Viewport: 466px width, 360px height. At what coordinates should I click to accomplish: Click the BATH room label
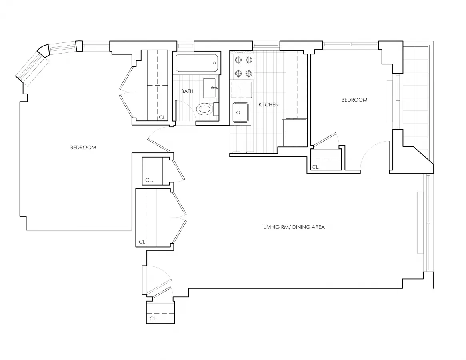tap(187, 91)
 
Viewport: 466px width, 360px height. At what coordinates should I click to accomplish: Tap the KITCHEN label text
tap(268, 104)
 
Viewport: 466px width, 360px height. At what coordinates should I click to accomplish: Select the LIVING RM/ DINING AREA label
tap(294, 227)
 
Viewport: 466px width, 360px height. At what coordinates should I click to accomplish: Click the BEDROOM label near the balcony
tap(354, 100)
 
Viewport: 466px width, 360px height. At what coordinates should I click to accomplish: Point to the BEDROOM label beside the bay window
tap(83, 147)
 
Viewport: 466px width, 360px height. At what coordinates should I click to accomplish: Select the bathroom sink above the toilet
tap(211, 87)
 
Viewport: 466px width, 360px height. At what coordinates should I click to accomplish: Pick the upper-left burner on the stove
tap(238, 60)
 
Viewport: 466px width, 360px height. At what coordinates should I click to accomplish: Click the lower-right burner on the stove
tap(249, 73)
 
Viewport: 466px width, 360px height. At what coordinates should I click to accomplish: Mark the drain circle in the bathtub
tap(215, 63)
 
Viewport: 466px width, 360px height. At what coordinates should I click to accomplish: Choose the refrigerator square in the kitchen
tap(294, 132)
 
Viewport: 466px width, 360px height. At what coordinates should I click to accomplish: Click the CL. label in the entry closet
tap(153, 318)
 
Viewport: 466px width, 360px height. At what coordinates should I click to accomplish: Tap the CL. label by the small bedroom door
tap(315, 167)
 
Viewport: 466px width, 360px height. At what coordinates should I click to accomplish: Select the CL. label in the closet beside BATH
tap(162, 118)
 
